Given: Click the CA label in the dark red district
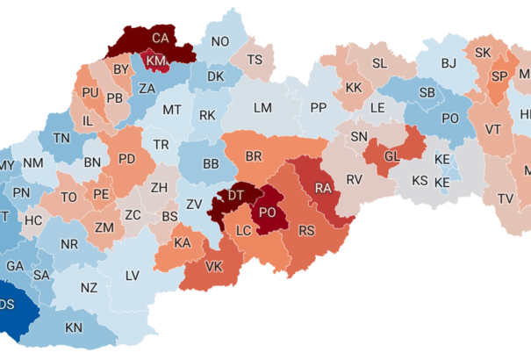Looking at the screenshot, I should click(160, 39).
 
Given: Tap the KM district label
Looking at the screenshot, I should click(157, 60).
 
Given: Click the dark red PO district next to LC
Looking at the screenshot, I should click(269, 212).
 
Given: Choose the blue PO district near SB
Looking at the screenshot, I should click(450, 118).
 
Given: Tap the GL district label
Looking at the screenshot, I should click(392, 155).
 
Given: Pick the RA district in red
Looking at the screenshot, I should click(323, 188).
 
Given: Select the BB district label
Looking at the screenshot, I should click(211, 164).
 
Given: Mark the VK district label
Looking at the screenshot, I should click(213, 267).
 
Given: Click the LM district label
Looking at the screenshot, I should click(262, 107).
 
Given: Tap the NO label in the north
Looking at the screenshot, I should click(219, 41).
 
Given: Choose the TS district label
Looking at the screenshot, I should click(255, 60).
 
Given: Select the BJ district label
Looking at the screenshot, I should click(448, 63).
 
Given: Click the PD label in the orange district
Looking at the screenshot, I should click(126, 159).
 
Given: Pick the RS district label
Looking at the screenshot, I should click(306, 231).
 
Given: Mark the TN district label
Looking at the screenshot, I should click(61, 138).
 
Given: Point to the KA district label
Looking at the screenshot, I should click(183, 242).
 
